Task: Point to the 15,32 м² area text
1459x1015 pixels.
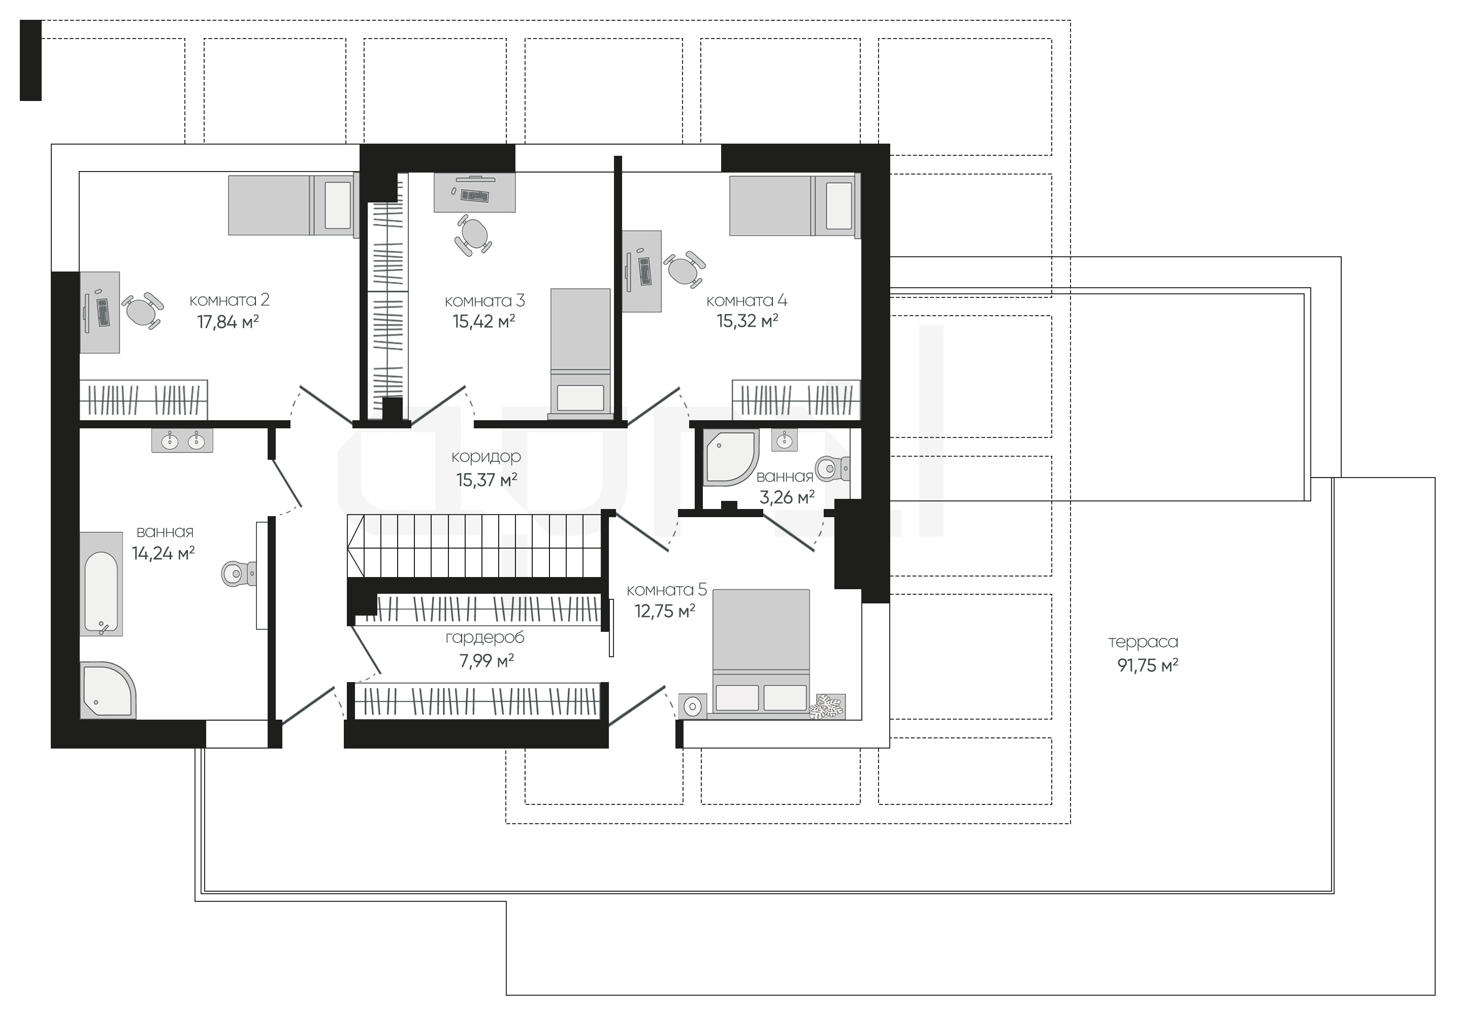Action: tap(748, 321)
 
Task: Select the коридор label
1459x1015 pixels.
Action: tap(486, 457)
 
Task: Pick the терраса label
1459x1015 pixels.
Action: tap(1143, 642)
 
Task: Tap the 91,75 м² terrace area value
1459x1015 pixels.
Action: tap(1148, 666)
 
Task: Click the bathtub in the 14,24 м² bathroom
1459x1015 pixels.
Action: tap(101, 584)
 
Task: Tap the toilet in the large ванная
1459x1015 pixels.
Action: tap(239, 573)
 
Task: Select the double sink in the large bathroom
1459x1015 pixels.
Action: tap(182, 440)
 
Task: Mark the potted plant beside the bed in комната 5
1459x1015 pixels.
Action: tap(828, 707)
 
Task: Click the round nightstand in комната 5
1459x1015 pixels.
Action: tap(693, 705)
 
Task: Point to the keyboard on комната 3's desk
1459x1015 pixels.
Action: tap(475, 195)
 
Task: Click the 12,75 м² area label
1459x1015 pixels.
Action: tap(665, 611)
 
